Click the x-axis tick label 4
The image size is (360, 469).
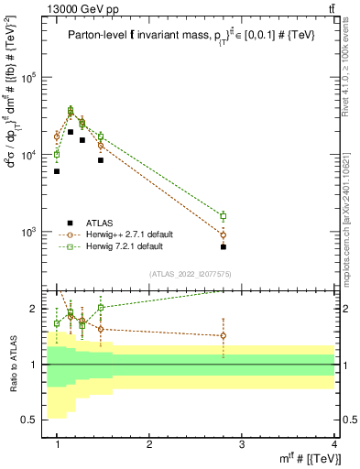(x=334, y=443)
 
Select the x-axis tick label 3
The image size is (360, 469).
(x=242, y=443)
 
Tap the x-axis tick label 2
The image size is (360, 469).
(x=149, y=443)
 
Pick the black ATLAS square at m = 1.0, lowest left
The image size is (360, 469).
(x=57, y=171)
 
